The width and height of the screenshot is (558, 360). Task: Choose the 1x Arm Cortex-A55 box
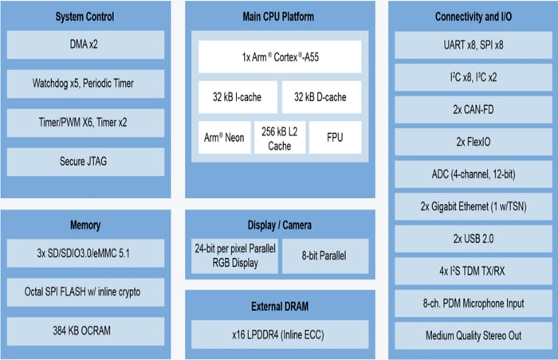[279, 57]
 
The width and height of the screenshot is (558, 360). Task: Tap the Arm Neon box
[223, 137]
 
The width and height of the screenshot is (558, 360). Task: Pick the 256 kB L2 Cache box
[279, 137]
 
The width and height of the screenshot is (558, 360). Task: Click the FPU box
[335, 137]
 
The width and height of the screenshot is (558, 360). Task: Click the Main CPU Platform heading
[279, 17]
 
